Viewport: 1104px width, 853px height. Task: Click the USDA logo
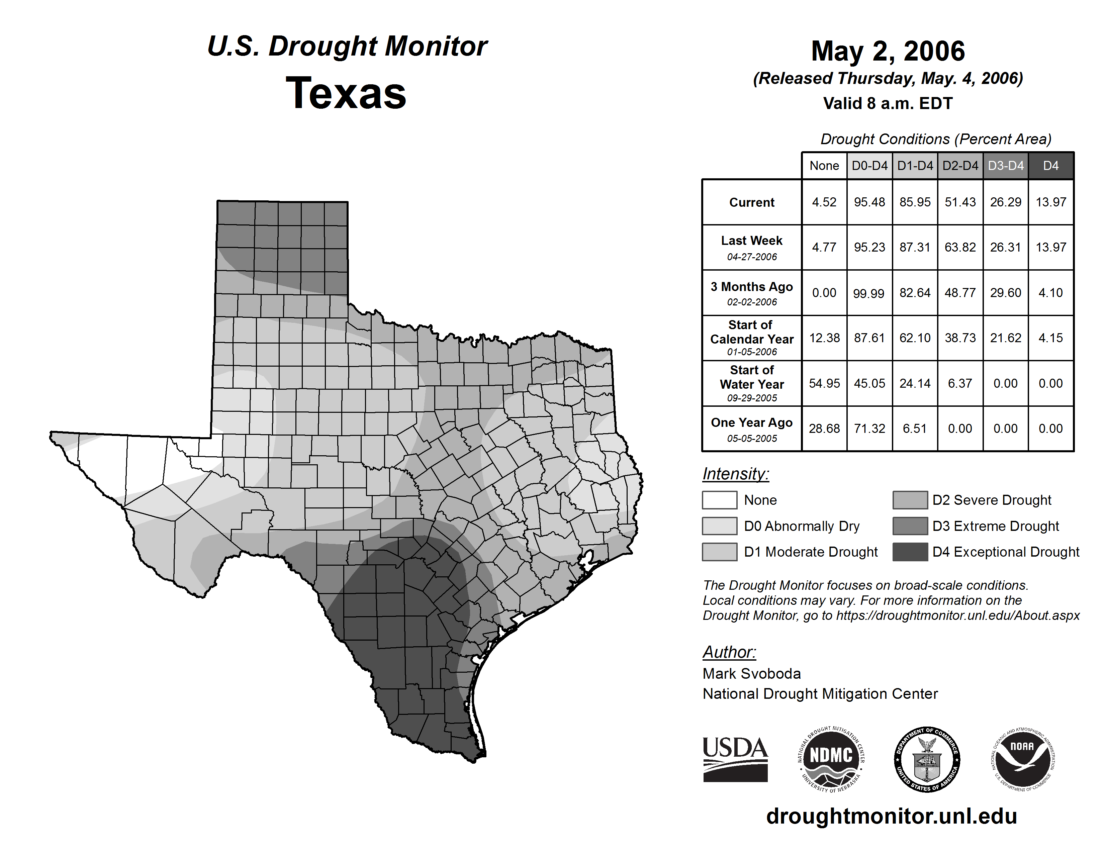[735, 759]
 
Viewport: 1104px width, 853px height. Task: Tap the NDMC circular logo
[831, 759]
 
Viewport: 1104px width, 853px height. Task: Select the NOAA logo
[1023, 759]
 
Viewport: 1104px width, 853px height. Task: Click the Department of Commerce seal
[927, 759]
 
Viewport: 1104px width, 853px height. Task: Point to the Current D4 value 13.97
[1051, 202]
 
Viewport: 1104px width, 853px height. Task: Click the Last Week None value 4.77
[824, 247]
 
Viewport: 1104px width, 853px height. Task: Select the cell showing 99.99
[869, 293]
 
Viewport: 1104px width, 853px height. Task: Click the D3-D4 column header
[1005, 166]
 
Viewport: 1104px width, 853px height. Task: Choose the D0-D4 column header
[869, 166]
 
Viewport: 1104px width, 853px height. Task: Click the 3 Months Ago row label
[752, 293]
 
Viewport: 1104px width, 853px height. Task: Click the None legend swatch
[719, 500]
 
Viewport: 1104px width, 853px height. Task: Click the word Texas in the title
[346, 93]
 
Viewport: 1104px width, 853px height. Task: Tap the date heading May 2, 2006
[888, 51]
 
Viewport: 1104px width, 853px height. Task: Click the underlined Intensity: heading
[735, 474]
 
